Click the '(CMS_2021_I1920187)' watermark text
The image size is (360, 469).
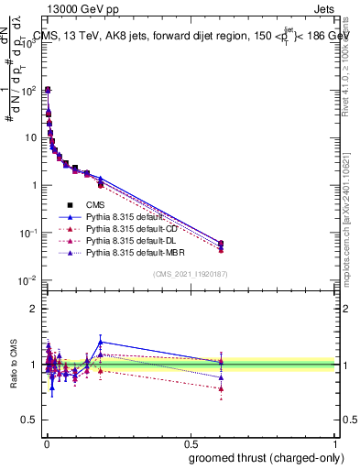(x=191, y=274)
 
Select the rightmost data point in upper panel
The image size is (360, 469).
(x=221, y=244)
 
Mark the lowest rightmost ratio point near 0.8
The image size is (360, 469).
(x=221, y=388)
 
